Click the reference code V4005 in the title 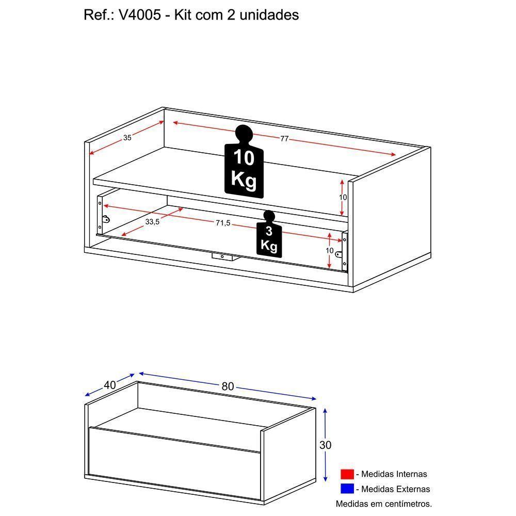(135, 15)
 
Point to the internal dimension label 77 (284, 139)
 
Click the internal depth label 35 (127, 138)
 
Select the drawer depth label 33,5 (152, 221)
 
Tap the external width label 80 (228, 386)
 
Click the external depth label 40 (109, 384)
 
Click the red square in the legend (347, 474)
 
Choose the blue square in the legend (347, 489)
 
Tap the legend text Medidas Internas (394, 474)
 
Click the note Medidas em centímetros (383, 503)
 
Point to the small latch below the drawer (222, 255)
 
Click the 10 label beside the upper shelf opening (343, 198)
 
